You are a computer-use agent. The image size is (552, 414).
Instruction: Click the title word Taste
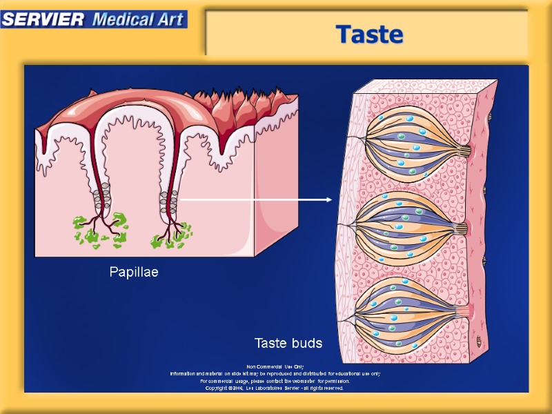369,33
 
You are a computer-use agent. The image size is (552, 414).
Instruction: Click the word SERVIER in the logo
43,19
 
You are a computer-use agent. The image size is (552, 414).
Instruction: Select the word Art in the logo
170,19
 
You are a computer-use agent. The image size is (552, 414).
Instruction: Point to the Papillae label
134,272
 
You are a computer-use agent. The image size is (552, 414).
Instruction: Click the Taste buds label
288,343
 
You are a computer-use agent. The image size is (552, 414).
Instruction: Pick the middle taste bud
411,228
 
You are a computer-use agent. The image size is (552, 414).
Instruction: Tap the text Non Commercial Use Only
275,366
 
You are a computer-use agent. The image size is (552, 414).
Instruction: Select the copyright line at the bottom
275,388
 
